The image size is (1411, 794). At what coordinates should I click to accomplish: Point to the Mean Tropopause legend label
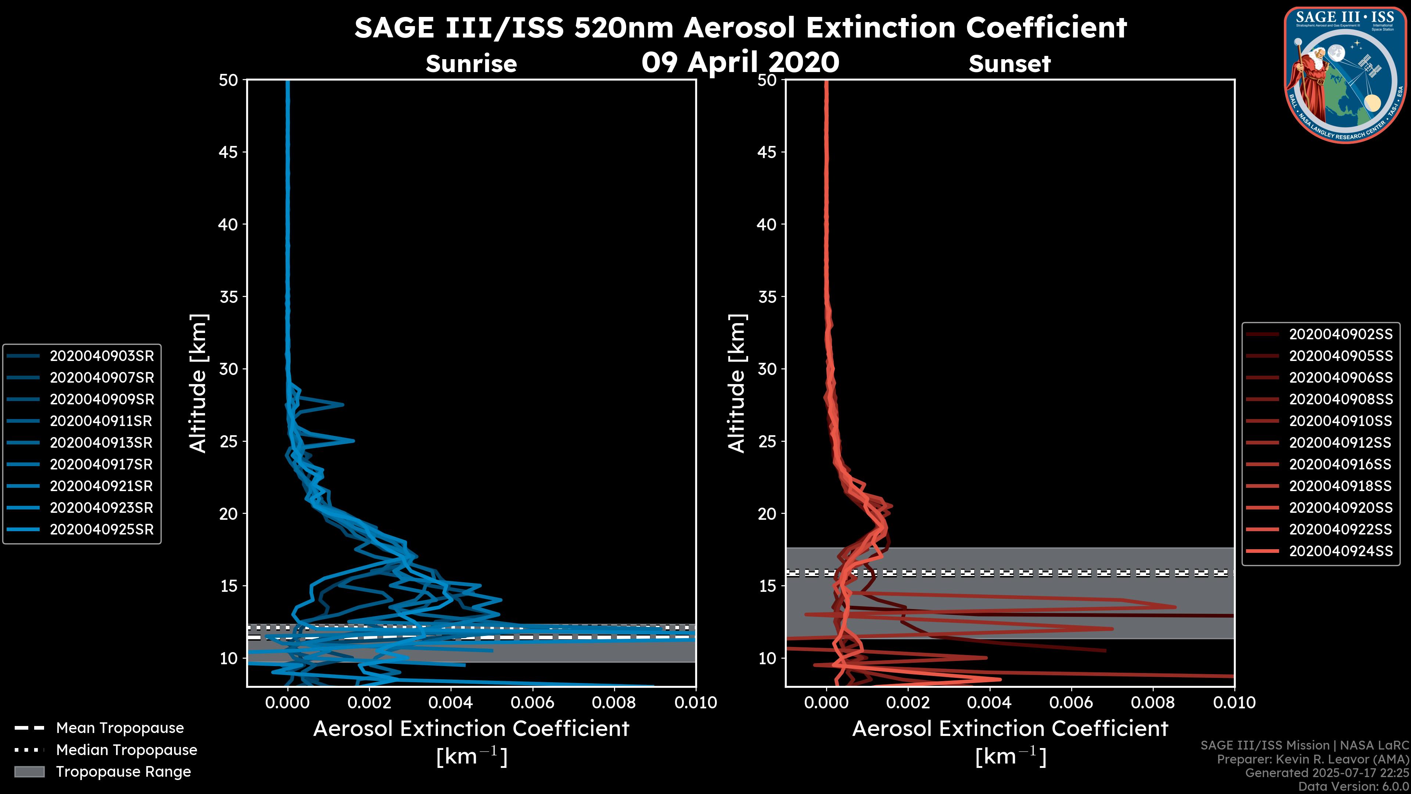[x=120, y=728]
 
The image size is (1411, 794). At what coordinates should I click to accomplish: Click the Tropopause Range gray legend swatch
[x=29, y=772]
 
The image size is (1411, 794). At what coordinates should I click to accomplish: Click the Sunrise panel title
[x=471, y=64]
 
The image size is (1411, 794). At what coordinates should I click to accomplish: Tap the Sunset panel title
[x=1009, y=64]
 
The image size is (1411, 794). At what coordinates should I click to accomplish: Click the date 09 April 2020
[x=740, y=62]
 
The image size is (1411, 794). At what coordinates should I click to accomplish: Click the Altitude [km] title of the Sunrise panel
[x=198, y=383]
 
